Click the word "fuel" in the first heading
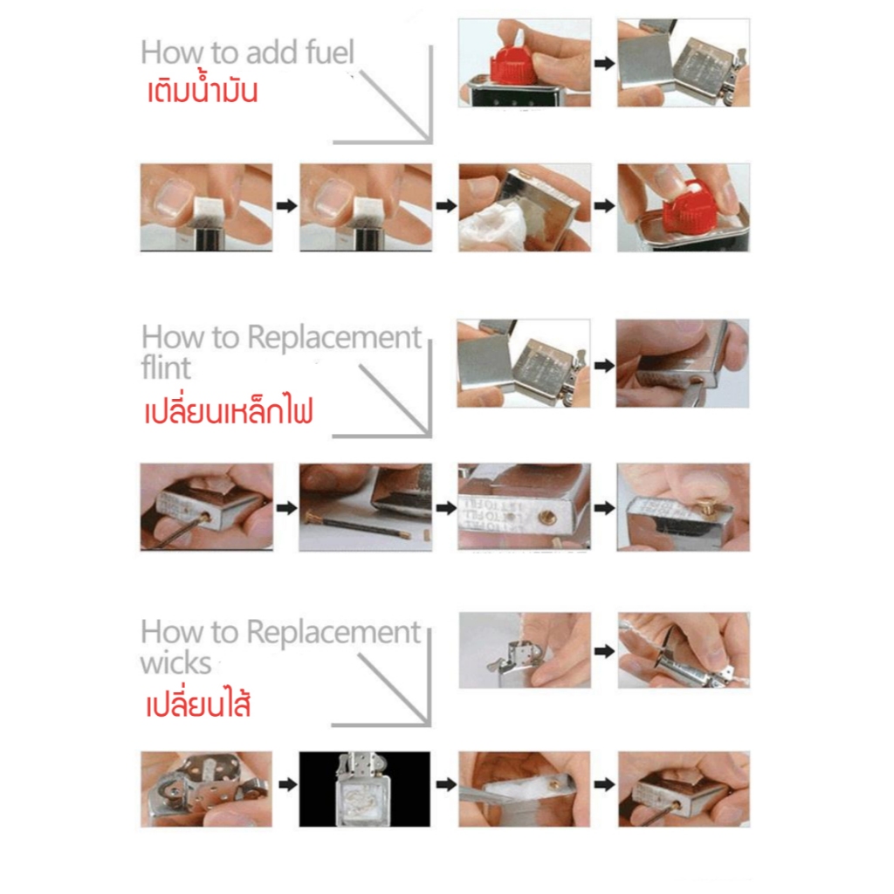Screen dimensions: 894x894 [x=329, y=52]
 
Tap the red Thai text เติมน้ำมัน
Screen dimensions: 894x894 [x=203, y=91]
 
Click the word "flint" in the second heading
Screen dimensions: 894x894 [x=166, y=368]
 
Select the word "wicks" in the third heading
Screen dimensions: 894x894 [x=176, y=663]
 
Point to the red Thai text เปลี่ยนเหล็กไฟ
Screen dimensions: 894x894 [x=228, y=410]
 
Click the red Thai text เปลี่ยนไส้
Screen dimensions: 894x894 [x=198, y=703]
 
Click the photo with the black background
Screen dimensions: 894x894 [x=365, y=789]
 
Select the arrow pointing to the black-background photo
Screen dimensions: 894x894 [x=287, y=785]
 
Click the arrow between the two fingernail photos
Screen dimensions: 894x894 [x=286, y=206]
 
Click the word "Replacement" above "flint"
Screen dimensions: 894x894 [x=334, y=338]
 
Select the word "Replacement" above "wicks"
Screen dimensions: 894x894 [x=334, y=633]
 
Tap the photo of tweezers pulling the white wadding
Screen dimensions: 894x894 [x=525, y=789]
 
